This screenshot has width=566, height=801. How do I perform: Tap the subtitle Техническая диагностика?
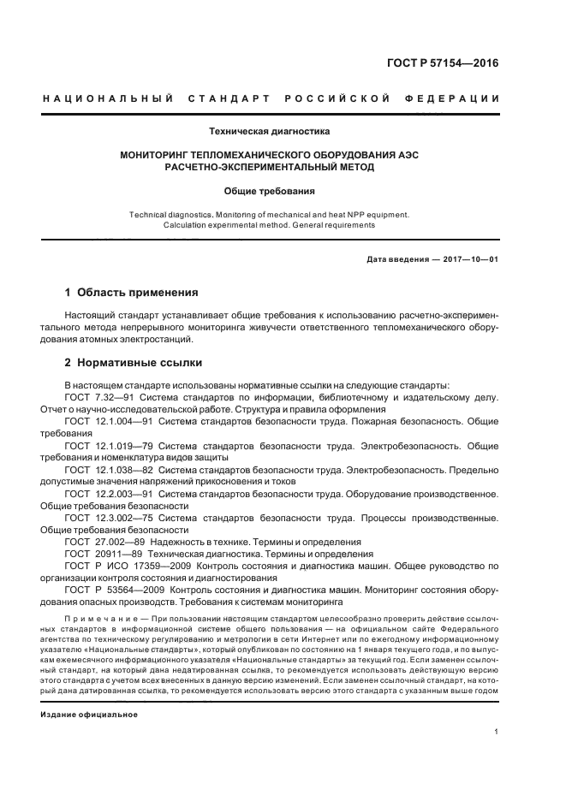click(x=269, y=131)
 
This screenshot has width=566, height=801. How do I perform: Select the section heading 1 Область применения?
click(x=119, y=292)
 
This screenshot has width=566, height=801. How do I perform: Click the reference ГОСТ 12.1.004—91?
click(x=110, y=422)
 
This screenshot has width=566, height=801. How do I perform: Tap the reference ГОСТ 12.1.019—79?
click(x=110, y=446)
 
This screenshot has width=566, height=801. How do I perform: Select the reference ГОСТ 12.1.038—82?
click(x=110, y=470)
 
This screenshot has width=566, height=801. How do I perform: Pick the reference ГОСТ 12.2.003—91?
click(x=110, y=494)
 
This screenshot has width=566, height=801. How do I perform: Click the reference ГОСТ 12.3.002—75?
click(x=110, y=518)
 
